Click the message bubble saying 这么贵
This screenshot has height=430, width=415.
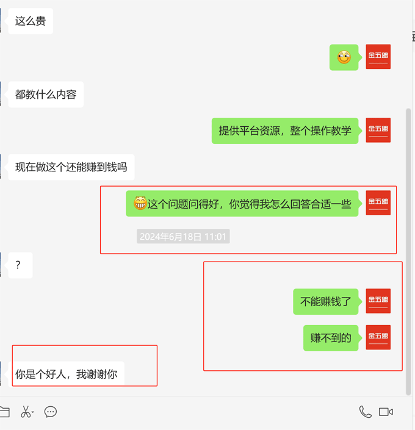(31, 21)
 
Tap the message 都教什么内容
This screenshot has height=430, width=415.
(46, 95)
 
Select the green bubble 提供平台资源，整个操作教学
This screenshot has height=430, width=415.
(285, 131)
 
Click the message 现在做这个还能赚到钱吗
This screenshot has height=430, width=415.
(71, 167)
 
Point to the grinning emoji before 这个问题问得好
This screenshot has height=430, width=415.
(140, 203)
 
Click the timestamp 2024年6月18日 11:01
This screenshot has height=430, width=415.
(183, 237)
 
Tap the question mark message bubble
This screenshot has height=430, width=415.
(20, 265)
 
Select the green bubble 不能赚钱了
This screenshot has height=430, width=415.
(325, 301)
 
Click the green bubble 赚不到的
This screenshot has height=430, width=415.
(331, 338)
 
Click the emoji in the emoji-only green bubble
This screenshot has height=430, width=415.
(344, 58)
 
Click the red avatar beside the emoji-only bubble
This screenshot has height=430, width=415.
(378, 57)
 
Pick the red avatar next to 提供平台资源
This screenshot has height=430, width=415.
(378, 130)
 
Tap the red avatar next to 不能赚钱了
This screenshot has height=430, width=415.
(378, 301)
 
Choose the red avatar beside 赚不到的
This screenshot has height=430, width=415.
(378, 337)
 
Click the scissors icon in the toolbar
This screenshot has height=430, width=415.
(26, 412)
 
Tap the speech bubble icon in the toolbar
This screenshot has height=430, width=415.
(51, 412)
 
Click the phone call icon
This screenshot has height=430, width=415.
(365, 412)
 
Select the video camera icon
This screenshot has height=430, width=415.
(386, 412)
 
